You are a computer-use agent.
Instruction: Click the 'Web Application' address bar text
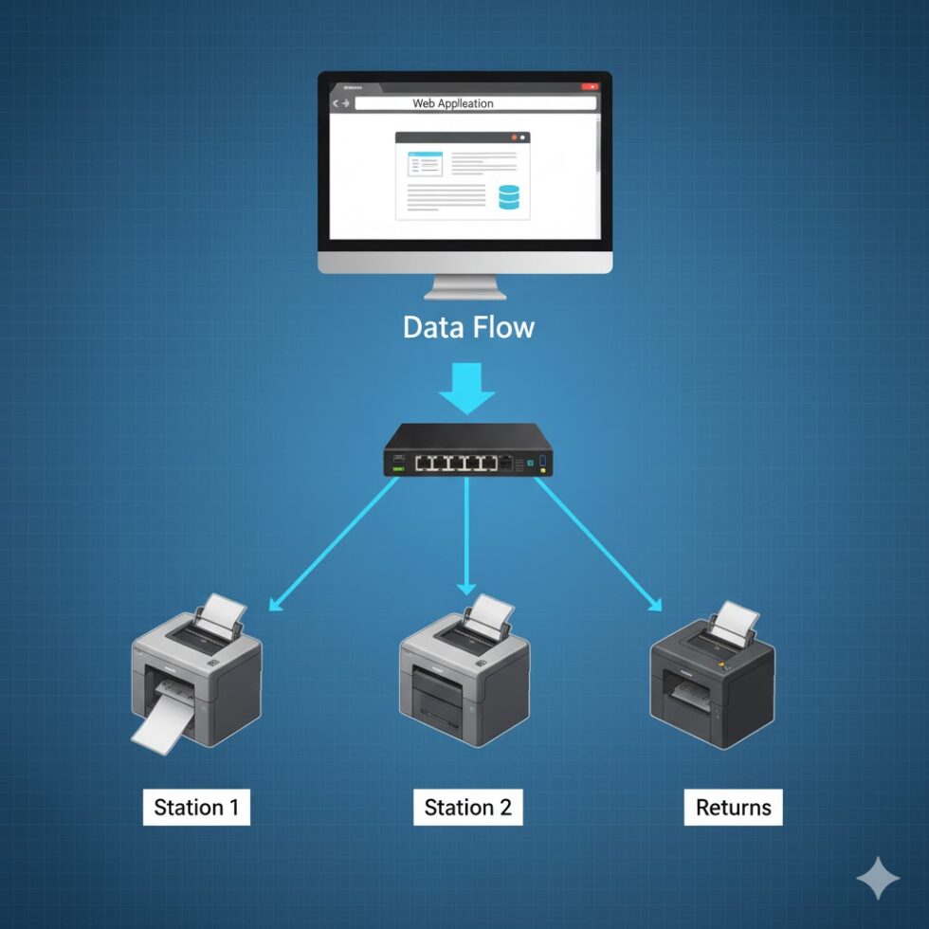click(x=453, y=103)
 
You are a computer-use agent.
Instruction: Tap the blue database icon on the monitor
click(x=509, y=196)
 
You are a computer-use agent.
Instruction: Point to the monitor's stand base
click(x=464, y=292)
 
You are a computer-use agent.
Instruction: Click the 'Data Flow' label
click(x=468, y=328)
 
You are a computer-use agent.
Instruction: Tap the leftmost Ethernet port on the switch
click(x=424, y=464)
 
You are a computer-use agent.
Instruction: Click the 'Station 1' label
click(x=196, y=808)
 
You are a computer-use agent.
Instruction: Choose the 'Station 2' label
click(x=467, y=808)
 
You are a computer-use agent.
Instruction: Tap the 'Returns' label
click(x=733, y=808)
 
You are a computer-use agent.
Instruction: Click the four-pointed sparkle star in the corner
click(x=878, y=878)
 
